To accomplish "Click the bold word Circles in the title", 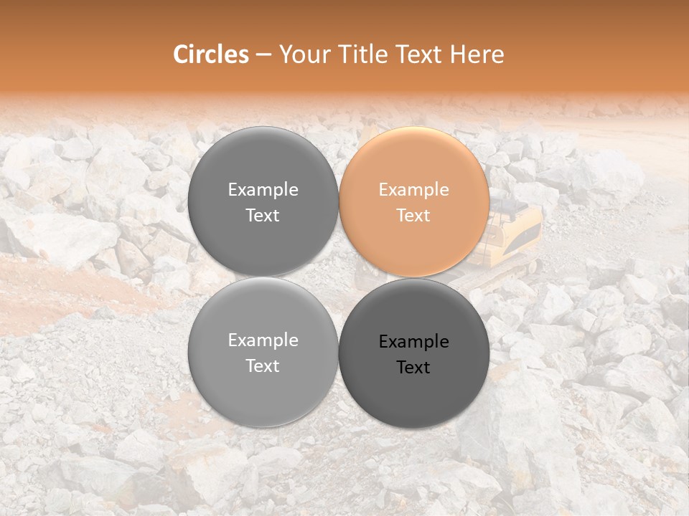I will pyautogui.click(x=211, y=54).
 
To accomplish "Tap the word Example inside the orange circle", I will pyautogui.click(x=414, y=190).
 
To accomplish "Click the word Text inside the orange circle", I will pyautogui.click(x=414, y=216).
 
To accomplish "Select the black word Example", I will pyautogui.click(x=414, y=342).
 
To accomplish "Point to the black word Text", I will pyautogui.click(x=414, y=368).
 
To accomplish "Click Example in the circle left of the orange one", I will pyautogui.click(x=263, y=190).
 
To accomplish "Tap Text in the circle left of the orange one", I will pyautogui.click(x=263, y=216).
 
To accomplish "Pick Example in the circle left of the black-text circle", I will pyautogui.click(x=263, y=340).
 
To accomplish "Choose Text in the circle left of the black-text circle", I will pyautogui.click(x=263, y=366).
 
